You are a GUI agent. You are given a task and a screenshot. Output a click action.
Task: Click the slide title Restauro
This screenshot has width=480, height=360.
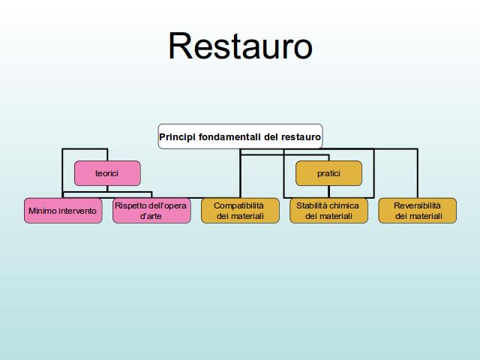(240, 46)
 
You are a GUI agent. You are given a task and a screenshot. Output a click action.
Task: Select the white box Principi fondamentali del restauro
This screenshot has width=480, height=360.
(240, 136)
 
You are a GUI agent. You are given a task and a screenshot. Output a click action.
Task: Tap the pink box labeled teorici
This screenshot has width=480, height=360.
(107, 173)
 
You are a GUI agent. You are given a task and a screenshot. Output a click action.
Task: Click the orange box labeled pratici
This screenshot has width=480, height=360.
(328, 173)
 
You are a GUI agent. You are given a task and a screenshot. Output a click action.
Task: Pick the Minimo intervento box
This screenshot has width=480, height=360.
(63, 211)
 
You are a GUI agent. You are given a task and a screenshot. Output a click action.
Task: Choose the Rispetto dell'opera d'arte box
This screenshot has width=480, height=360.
(151, 211)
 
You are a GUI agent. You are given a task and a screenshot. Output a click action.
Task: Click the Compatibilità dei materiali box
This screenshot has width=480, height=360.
(240, 211)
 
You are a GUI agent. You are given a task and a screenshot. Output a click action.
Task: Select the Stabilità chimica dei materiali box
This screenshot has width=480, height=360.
(328, 211)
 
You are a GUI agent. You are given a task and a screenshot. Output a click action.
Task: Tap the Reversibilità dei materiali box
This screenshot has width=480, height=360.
(418, 211)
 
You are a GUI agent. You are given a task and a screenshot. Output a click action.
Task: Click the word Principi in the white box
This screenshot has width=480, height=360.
(177, 137)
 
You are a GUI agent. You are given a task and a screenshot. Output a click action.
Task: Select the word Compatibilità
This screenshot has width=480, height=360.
(238, 205)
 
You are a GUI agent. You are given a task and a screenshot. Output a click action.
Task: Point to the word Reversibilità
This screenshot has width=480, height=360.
(417, 205)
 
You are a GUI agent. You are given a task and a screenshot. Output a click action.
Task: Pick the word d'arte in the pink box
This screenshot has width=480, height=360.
(151, 216)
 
